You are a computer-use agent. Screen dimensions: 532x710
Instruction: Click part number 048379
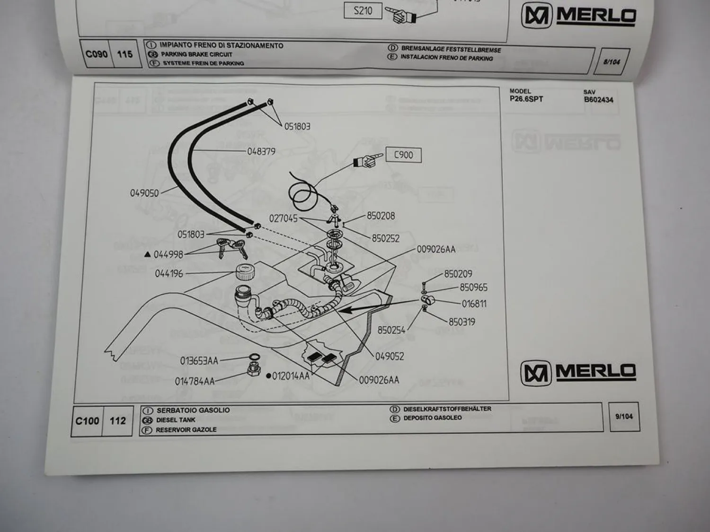(x=261, y=151)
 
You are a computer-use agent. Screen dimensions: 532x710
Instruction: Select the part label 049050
(x=144, y=193)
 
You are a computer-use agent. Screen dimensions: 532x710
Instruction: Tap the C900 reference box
(x=403, y=155)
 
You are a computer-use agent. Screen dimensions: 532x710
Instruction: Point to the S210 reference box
(x=363, y=10)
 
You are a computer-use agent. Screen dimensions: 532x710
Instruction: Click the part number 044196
(x=169, y=273)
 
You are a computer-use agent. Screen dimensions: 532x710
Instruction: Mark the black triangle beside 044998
(x=147, y=254)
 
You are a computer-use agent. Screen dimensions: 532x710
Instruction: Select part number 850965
(x=473, y=288)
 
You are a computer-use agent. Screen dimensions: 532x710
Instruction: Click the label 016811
(x=474, y=304)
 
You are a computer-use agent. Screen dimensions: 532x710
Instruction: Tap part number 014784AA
(x=195, y=381)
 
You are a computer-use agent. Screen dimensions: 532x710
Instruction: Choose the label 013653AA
(x=199, y=361)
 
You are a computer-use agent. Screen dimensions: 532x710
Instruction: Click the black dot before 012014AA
(x=268, y=376)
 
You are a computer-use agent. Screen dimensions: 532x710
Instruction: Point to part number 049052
(x=390, y=356)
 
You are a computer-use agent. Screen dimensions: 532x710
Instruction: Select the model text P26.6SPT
(x=526, y=99)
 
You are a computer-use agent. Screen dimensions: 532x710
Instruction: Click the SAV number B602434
(x=598, y=100)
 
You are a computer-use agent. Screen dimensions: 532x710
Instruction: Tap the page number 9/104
(x=624, y=417)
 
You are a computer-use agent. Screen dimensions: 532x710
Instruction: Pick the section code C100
(x=88, y=421)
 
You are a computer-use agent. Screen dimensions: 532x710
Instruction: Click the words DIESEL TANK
(x=176, y=420)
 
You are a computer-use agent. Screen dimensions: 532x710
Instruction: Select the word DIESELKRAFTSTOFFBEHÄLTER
(x=447, y=409)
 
